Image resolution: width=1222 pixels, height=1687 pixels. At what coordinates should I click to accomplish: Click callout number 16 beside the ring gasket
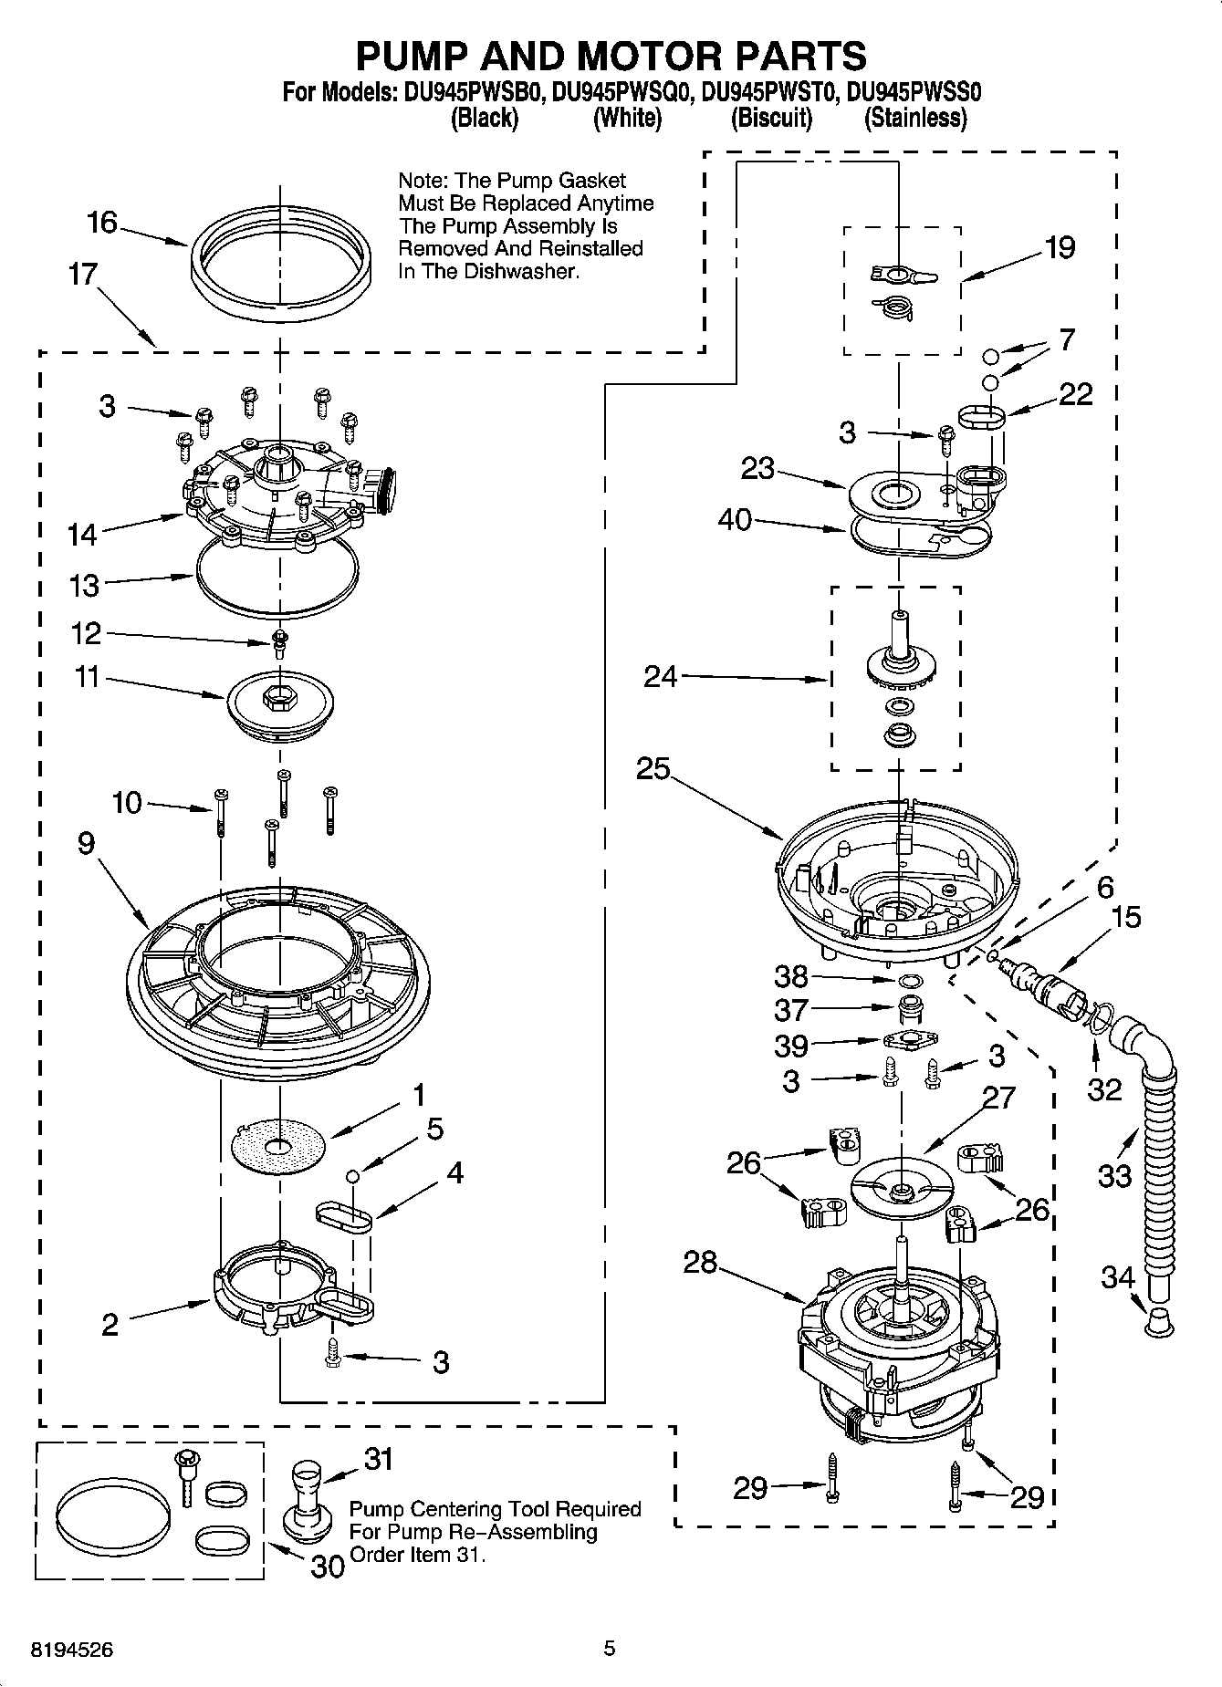point(102,222)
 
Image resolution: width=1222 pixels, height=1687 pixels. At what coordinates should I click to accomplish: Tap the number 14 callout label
point(82,535)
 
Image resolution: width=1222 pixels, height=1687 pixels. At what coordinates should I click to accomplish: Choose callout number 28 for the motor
point(701,1263)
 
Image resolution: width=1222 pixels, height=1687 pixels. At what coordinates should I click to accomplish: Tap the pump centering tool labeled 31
point(306,1495)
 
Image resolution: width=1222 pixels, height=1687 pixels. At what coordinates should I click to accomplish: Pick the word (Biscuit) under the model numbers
point(771,118)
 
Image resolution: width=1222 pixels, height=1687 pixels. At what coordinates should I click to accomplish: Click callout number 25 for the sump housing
point(653,768)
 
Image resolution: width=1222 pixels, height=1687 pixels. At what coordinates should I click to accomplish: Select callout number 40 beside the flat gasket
point(735,520)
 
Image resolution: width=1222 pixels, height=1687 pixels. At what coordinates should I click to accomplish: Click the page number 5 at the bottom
point(610,1648)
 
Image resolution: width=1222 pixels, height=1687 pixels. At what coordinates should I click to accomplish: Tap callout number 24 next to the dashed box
point(660,676)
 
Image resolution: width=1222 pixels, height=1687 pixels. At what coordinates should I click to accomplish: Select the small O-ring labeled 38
point(909,981)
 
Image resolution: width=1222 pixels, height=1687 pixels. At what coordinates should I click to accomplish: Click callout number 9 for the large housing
point(86,842)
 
